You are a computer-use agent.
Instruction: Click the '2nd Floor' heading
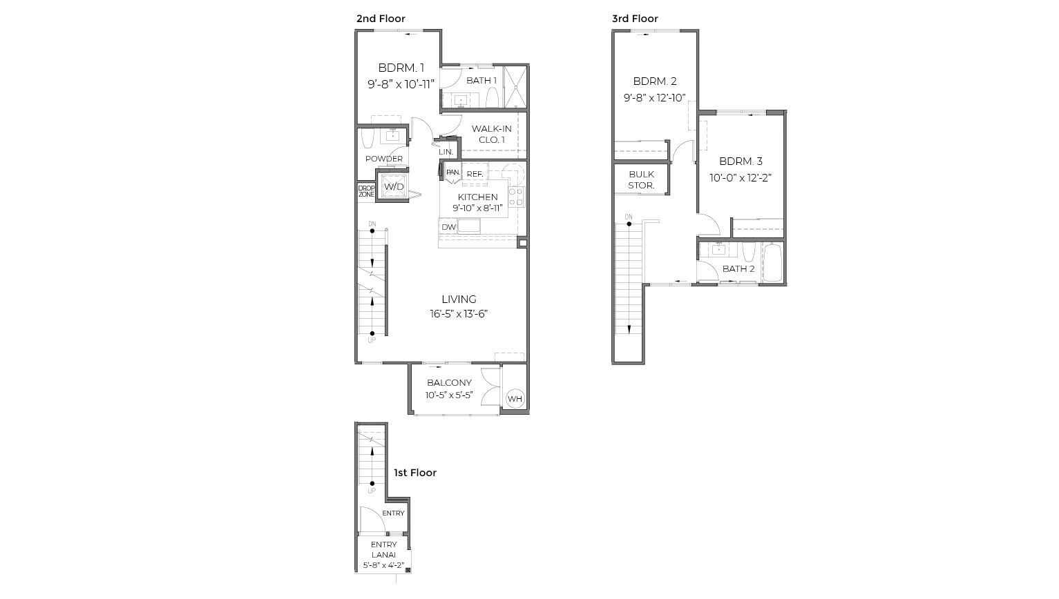tap(381, 19)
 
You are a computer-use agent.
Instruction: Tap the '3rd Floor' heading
tap(635, 19)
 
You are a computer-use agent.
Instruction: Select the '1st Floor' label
tap(415, 473)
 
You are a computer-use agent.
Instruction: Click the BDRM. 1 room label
tap(401, 68)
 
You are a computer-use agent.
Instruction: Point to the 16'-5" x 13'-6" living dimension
tap(459, 314)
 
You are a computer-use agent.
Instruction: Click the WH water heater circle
tap(515, 399)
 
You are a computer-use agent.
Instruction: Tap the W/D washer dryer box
tap(394, 187)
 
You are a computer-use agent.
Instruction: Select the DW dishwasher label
tap(448, 227)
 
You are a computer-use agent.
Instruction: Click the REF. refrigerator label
tap(475, 175)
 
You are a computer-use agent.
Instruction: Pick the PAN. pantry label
tap(452, 172)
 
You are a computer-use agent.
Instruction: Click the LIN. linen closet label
tap(446, 152)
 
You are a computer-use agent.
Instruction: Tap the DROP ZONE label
tap(366, 191)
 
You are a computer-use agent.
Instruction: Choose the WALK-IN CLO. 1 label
tap(491, 134)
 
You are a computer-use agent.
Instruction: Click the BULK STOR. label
tap(641, 180)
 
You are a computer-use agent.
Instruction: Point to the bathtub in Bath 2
tap(772, 262)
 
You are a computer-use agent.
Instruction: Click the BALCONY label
tap(449, 383)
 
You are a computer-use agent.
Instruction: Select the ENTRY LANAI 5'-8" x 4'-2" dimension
tap(383, 565)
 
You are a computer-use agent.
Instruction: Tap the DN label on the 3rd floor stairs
tap(629, 217)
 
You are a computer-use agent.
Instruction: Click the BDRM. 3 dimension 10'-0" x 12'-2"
tap(741, 177)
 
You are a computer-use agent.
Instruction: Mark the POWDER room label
tap(384, 159)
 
